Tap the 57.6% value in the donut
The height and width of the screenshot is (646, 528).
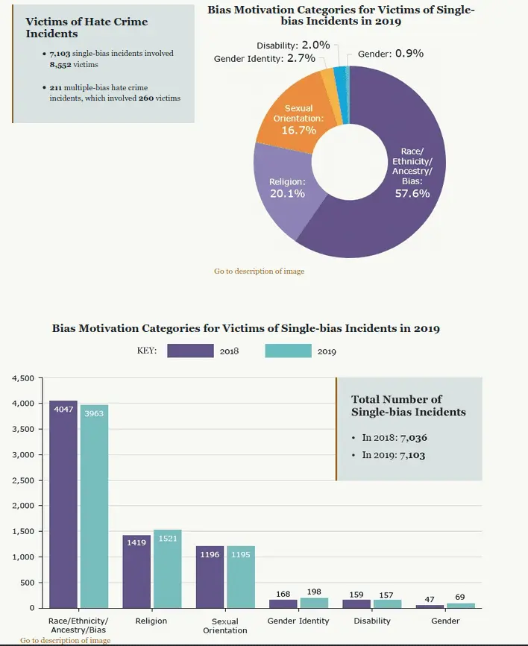412,193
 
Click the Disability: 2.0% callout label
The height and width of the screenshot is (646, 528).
293,46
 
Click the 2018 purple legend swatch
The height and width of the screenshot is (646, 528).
190,351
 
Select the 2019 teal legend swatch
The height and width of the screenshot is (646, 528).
288,351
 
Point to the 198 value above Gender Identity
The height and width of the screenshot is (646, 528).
313,592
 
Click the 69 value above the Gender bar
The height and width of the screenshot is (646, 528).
460,598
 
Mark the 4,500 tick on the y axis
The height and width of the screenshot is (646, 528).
23,378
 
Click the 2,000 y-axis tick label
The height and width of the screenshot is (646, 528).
23,506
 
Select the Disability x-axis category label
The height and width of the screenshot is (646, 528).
371,621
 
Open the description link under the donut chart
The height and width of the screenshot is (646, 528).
259,272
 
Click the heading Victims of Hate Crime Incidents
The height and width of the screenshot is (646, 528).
87,28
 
